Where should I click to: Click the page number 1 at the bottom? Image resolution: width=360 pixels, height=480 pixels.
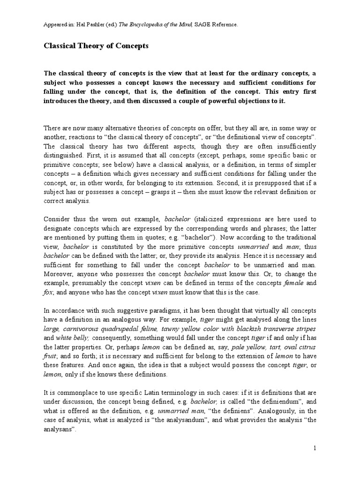(315, 448)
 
